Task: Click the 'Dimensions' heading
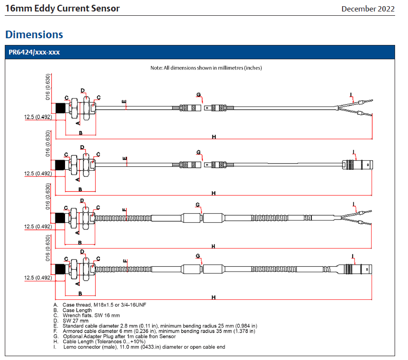click(x=34, y=34)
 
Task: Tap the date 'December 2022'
click(x=368, y=9)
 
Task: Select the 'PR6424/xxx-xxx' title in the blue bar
click(x=34, y=52)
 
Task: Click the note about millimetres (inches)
click(x=206, y=68)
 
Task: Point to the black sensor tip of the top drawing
click(x=60, y=108)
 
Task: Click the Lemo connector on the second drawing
click(x=357, y=164)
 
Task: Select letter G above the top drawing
click(x=198, y=95)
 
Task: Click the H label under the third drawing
click(x=213, y=246)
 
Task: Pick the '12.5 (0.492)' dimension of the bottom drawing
click(x=38, y=278)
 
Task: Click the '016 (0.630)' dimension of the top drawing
click(x=48, y=87)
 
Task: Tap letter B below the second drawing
click(x=80, y=189)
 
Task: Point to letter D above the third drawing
click(x=82, y=200)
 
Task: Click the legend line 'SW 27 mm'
click(x=76, y=321)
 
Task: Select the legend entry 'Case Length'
click(x=77, y=310)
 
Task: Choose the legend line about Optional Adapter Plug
click(x=119, y=336)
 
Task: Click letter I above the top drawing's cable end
click(x=351, y=95)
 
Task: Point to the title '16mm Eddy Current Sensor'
click(x=63, y=8)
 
